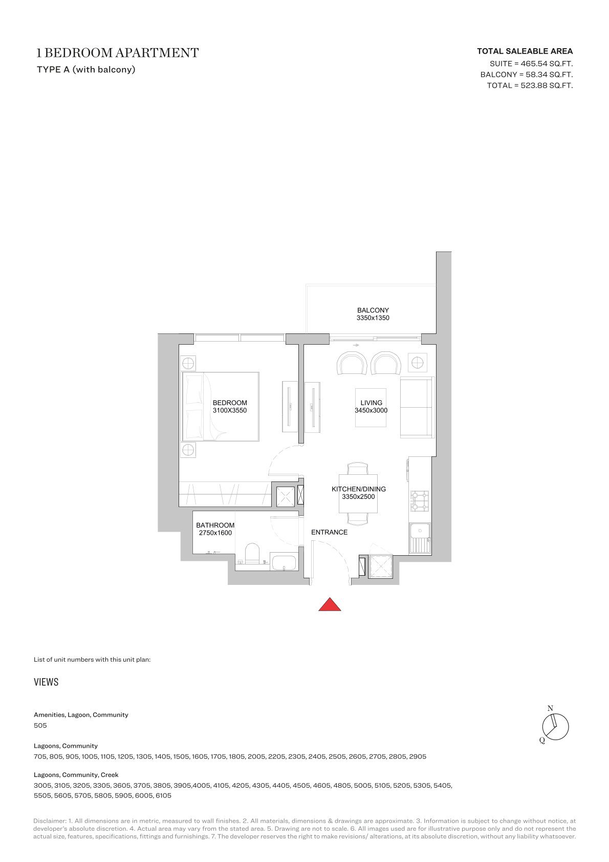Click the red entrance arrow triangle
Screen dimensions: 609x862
[330, 605]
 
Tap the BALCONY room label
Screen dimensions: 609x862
[373, 310]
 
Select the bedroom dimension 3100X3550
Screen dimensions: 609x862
[230, 410]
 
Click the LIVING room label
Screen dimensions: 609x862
[371, 403]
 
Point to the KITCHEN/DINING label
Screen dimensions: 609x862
[359, 489]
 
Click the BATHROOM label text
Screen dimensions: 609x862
[215, 525]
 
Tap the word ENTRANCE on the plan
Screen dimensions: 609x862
[329, 532]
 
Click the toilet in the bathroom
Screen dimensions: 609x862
[252, 554]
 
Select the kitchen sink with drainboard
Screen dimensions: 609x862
[420, 538]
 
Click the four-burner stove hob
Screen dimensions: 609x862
[420, 501]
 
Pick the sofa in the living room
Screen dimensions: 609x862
[417, 408]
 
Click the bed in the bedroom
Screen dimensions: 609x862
[220, 406]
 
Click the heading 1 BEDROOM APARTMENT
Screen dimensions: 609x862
[117, 53]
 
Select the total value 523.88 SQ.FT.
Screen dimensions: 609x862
[547, 86]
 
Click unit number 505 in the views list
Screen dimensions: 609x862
[40, 725]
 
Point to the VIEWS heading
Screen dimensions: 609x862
[46, 682]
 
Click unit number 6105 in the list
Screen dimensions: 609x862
[163, 795]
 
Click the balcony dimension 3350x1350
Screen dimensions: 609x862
[373, 318]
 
